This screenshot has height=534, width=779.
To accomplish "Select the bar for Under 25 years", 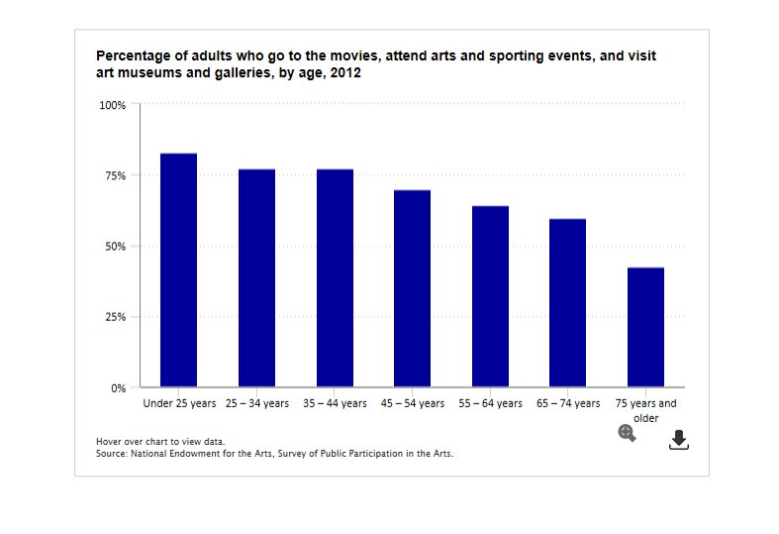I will coord(178,269).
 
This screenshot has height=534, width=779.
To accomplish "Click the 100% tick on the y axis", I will coord(112,105).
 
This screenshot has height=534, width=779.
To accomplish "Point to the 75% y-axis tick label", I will coord(115,175).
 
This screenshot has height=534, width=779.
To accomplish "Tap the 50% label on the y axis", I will coord(115,247).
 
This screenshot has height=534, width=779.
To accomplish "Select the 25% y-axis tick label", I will coord(115,317).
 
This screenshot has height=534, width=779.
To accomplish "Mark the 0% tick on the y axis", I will coord(118,388).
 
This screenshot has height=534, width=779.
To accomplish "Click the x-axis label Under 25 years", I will coord(179,404).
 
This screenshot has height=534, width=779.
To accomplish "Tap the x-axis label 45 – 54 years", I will coord(413,404).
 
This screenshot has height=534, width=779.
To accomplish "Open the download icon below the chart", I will coord(678,440).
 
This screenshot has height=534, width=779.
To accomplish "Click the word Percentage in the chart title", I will coord(134,56).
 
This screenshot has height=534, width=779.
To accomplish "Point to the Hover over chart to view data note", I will coord(160,442).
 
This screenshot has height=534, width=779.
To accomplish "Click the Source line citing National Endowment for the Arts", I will coord(274,453).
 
